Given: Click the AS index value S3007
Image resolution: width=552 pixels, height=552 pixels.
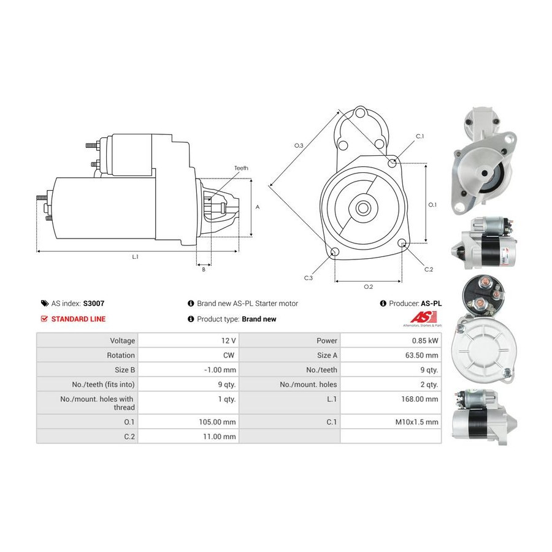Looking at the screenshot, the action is (x=94, y=304).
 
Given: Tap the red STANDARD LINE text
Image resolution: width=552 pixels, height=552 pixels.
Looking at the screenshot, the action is (x=78, y=319).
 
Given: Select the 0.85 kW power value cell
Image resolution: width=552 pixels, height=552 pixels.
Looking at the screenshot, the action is (x=391, y=340).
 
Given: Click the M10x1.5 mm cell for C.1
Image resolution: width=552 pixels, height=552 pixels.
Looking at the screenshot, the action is (x=391, y=422).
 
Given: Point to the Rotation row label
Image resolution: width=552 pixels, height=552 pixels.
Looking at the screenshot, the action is (x=121, y=355).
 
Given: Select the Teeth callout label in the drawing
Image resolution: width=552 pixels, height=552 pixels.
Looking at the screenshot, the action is (x=241, y=168).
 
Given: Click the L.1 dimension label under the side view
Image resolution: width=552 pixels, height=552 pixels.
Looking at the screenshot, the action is (x=135, y=257).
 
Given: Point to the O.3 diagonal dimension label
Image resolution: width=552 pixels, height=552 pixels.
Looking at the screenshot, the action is (x=299, y=145).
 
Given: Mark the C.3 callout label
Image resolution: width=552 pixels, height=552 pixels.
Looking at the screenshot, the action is (x=309, y=278).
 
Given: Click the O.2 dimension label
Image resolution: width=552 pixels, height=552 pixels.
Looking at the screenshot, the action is (x=368, y=287).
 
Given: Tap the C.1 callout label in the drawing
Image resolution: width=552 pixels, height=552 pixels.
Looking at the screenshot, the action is (x=420, y=136).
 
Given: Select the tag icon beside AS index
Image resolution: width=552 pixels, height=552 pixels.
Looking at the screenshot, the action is (x=45, y=304).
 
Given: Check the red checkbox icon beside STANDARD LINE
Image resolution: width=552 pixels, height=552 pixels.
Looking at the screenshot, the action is (x=44, y=318).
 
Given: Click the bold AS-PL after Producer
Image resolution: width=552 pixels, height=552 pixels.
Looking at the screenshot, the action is (x=431, y=304).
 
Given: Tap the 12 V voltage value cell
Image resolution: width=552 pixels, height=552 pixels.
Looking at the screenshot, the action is (x=188, y=340).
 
